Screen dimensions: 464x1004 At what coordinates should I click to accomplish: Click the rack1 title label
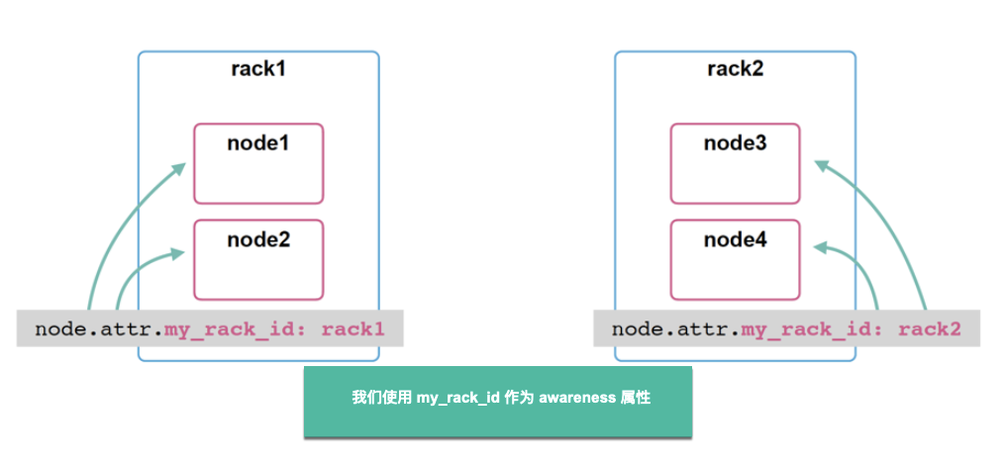257,69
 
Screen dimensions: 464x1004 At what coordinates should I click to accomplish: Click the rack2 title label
735,69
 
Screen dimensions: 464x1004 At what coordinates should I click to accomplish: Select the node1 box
257,163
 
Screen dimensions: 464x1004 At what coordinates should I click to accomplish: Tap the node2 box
257,259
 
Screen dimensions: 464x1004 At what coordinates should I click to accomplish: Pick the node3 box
735,163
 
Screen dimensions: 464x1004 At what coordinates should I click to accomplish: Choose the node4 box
735,259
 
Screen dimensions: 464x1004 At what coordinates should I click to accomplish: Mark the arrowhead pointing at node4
819,247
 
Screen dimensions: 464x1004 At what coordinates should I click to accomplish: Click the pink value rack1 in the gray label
352,328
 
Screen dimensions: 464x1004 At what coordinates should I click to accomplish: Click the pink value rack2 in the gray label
930,328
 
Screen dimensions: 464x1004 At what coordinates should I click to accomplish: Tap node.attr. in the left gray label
99,328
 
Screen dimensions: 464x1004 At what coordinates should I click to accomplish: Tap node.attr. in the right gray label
676,328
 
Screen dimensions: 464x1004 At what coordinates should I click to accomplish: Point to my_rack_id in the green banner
457,398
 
